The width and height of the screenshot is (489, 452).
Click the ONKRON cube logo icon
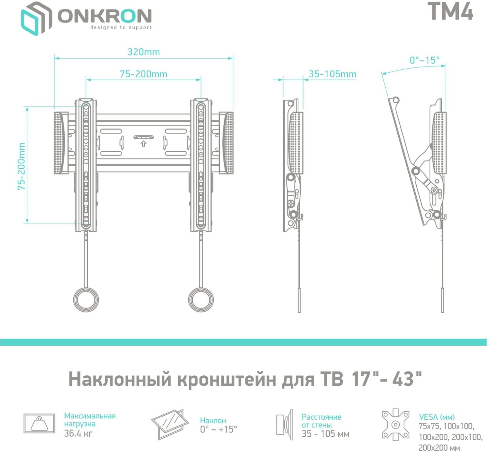tap(36, 18)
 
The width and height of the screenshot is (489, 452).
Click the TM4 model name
tap(450, 12)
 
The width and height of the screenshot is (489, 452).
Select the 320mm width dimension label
tap(143, 52)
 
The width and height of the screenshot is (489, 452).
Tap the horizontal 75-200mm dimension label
tap(143, 74)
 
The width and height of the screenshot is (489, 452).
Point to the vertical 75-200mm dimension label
tap(22, 166)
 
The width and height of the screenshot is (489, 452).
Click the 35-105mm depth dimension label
tap(332, 74)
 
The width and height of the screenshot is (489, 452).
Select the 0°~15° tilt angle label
tap(424, 60)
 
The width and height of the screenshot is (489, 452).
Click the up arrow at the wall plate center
tap(143, 143)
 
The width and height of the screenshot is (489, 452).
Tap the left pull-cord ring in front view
tap(86, 299)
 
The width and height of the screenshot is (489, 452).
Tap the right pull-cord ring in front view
tap(201, 299)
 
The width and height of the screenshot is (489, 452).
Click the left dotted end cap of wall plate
tap(60, 143)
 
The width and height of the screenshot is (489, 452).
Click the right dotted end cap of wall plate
tap(227, 143)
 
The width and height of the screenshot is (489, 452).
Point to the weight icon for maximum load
tap(39, 423)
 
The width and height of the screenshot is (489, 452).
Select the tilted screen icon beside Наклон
tap(170, 424)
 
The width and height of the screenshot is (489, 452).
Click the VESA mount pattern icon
tap(395, 425)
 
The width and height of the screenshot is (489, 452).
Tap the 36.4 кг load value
tap(78, 433)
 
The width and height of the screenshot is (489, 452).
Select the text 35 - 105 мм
tap(325, 434)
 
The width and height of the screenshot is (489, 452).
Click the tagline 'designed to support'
tap(121, 28)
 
